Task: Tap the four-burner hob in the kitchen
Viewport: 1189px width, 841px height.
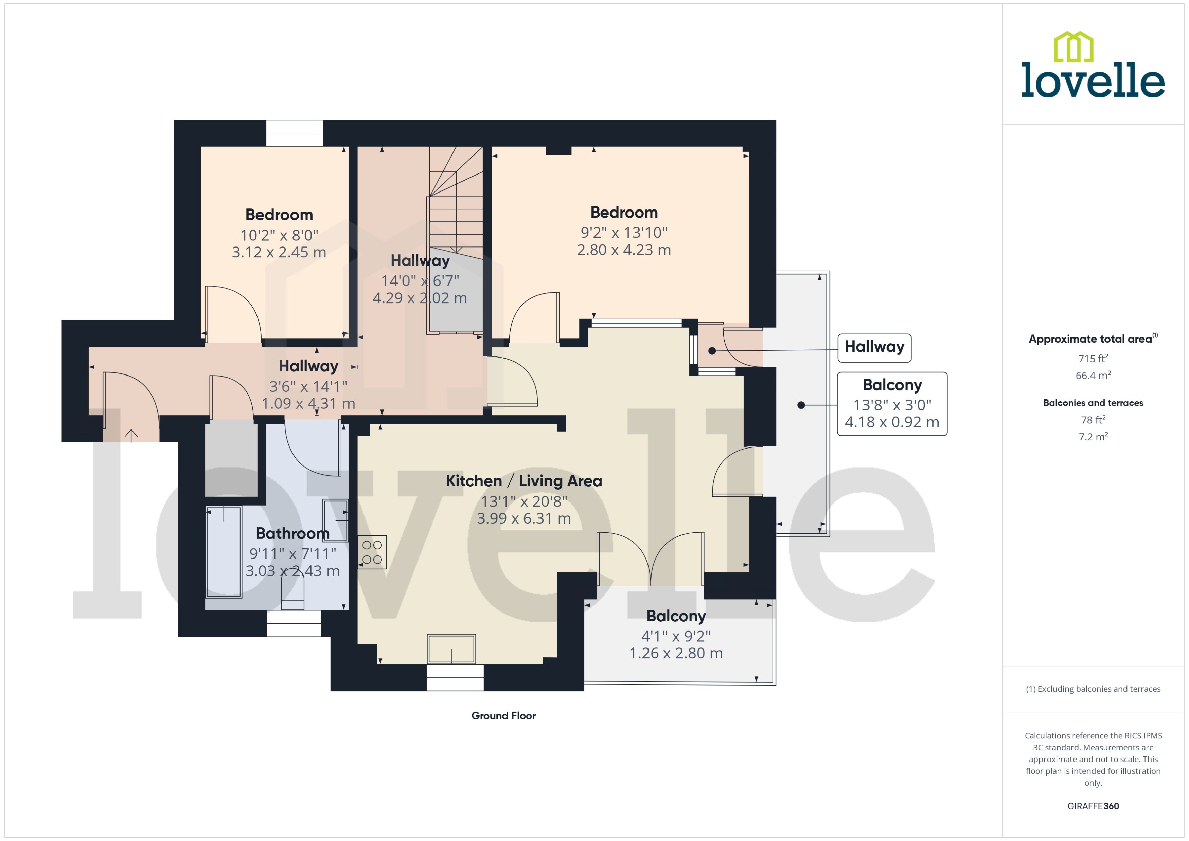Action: pyautogui.click(x=372, y=552)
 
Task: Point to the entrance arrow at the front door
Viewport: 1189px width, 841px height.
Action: pyautogui.click(x=131, y=436)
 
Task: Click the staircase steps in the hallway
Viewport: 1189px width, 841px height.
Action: pyautogui.click(x=456, y=207)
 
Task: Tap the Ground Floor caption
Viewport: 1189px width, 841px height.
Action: pyautogui.click(x=503, y=716)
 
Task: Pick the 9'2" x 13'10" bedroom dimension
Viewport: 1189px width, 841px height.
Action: pyautogui.click(x=624, y=233)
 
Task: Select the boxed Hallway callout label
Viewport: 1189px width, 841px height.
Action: pyautogui.click(x=874, y=346)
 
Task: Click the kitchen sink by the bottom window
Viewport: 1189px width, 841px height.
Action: pyautogui.click(x=451, y=649)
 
